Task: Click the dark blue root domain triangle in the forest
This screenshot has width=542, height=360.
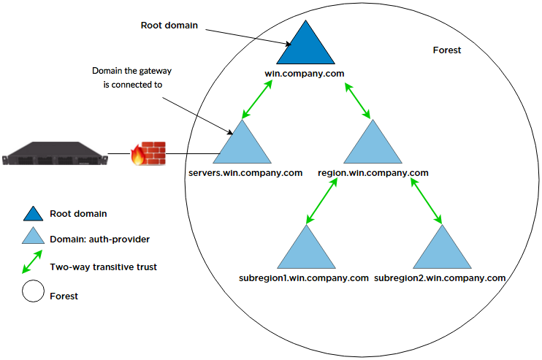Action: tap(303, 46)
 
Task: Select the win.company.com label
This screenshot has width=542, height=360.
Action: tap(303, 74)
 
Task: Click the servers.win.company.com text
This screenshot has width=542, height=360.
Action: tap(245, 173)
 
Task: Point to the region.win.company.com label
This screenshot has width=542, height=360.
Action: tap(373, 173)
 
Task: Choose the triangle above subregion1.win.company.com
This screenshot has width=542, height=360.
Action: tap(304, 251)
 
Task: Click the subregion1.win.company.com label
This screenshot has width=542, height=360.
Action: tap(304, 278)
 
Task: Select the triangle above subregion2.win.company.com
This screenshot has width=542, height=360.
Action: tap(440, 251)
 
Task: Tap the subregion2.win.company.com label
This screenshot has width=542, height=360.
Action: tap(440, 278)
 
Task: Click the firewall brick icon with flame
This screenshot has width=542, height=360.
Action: tap(148, 154)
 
